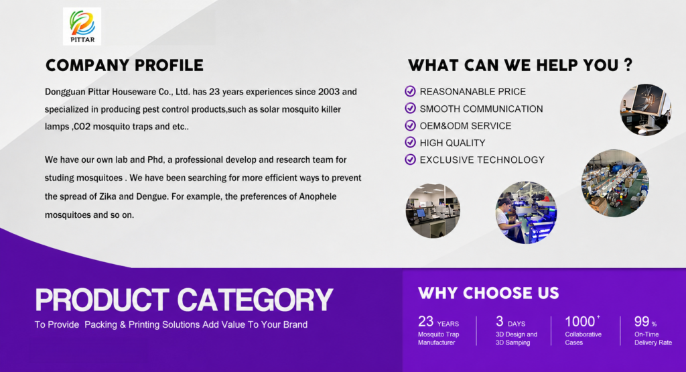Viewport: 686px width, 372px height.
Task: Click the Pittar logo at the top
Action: click(82, 26)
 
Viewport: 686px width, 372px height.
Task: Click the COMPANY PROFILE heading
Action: click(125, 65)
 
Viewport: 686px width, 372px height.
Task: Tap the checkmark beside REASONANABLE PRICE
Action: click(410, 91)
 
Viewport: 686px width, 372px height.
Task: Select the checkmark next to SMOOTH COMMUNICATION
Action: click(410, 108)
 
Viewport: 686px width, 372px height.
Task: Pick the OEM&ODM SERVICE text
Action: click(466, 125)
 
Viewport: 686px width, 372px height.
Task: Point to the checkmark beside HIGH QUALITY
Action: click(410, 142)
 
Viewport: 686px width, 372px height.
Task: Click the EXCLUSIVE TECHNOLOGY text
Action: click(482, 160)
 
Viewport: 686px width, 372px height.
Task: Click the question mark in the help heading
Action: click(628, 65)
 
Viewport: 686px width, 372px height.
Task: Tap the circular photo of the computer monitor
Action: click(645, 109)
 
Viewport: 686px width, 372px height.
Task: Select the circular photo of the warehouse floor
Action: click(615, 183)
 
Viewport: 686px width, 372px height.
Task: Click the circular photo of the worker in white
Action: click(526, 212)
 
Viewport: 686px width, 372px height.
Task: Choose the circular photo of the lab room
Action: click(433, 210)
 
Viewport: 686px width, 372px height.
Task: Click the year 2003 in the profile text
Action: click(329, 92)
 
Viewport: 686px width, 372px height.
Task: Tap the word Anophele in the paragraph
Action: click(318, 196)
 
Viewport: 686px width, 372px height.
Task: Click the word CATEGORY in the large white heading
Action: click(255, 300)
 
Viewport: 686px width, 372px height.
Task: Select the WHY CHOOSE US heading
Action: click(488, 293)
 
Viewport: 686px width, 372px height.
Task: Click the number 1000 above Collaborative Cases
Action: click(579, 322)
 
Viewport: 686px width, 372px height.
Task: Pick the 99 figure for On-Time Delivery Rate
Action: click(642, 322)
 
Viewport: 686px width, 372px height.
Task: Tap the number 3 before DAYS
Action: click(500, 322)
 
